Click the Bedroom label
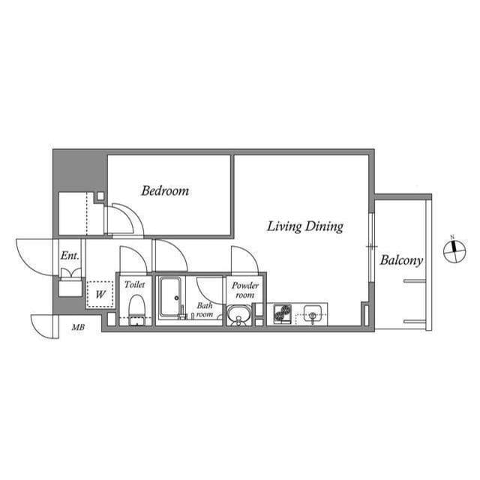(165, 190)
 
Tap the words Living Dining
(305, 226)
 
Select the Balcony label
(401, 260)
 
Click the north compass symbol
(454, 251)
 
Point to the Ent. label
(70, 256)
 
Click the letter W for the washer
(100, 293)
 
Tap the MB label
(78, 327)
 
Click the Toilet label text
(135, 285)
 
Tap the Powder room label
(244, 290)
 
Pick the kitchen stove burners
(282, 313)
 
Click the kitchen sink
(312, 314)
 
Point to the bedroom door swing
(122, 220)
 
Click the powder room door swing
(244, 260)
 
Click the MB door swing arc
(43, 326)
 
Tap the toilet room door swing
(135, 259)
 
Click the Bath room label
(205, 310)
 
